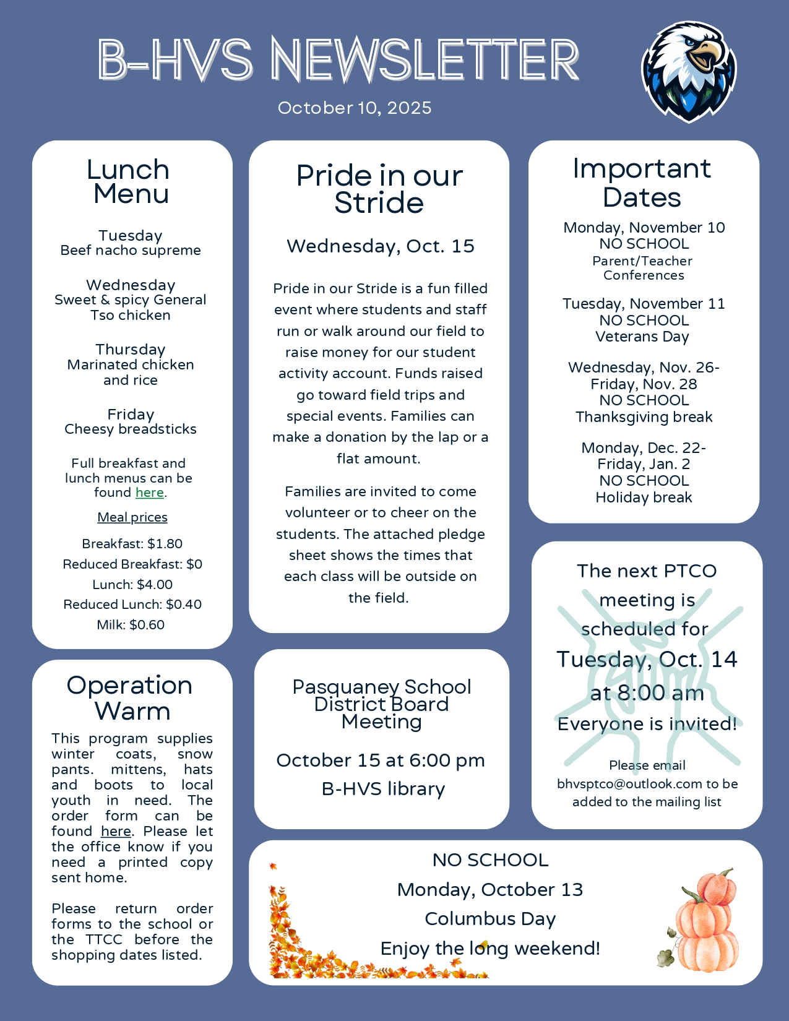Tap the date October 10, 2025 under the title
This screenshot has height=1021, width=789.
[x=355, y=108]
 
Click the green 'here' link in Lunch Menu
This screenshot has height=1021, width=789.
[x=150, y=493]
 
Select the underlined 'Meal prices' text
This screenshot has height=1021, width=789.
[x=132, y=517]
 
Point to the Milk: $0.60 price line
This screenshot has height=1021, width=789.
[x=131, y=625]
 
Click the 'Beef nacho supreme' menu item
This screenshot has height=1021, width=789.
[x=131, y=250]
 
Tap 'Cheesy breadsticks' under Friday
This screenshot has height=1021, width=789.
[x=131, y=429]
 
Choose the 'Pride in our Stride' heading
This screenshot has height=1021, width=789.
[x=379, y=189]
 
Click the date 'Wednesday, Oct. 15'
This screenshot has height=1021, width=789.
[x=380, y=246]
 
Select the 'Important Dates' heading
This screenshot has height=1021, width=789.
[x=642, y=183]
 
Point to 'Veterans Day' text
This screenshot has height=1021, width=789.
[x=642, y=337]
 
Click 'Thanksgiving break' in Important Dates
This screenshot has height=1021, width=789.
[x=644, y=417]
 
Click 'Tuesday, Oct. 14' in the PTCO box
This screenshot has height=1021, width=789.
[x=647, y=660]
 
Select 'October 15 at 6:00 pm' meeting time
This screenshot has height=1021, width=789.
[x=381, y=760]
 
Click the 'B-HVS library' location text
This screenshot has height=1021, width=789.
[x=383, y=789]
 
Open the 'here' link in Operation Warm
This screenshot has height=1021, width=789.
[x=116, y=831]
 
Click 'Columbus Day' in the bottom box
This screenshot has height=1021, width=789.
[x=490, y=919]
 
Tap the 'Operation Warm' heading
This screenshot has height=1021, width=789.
[x=131, y=698]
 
